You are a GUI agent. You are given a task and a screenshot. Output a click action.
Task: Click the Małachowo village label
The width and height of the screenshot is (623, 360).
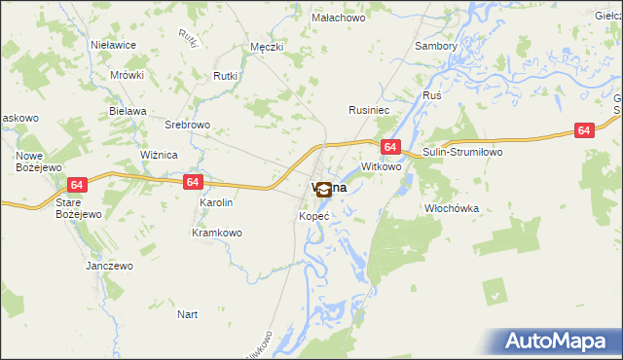point(337,18)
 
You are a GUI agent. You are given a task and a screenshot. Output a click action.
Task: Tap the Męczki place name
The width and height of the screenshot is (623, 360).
point(266,46)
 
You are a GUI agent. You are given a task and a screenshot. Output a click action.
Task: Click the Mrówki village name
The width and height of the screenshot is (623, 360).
point(127,75)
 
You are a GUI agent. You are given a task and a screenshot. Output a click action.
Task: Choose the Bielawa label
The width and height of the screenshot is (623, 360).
point(128,111)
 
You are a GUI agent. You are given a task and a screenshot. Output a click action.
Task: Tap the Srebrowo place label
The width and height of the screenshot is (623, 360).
point(188,126)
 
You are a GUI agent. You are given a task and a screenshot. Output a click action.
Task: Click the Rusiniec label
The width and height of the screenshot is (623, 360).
point(370,111)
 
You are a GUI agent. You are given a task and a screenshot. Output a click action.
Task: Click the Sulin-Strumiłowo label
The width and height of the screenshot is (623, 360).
point(461,154)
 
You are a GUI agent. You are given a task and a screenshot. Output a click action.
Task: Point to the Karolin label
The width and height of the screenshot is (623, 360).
point(216,202)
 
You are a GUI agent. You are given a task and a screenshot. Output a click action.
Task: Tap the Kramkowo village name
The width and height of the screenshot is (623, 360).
point(217,233)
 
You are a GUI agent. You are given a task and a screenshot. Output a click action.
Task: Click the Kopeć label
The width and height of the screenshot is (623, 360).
point(314,215)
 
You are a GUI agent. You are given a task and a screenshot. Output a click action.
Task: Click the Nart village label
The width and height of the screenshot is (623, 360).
point(188,314)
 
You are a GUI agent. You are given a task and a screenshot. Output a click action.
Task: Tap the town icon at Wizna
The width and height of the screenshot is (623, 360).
point(324,192)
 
